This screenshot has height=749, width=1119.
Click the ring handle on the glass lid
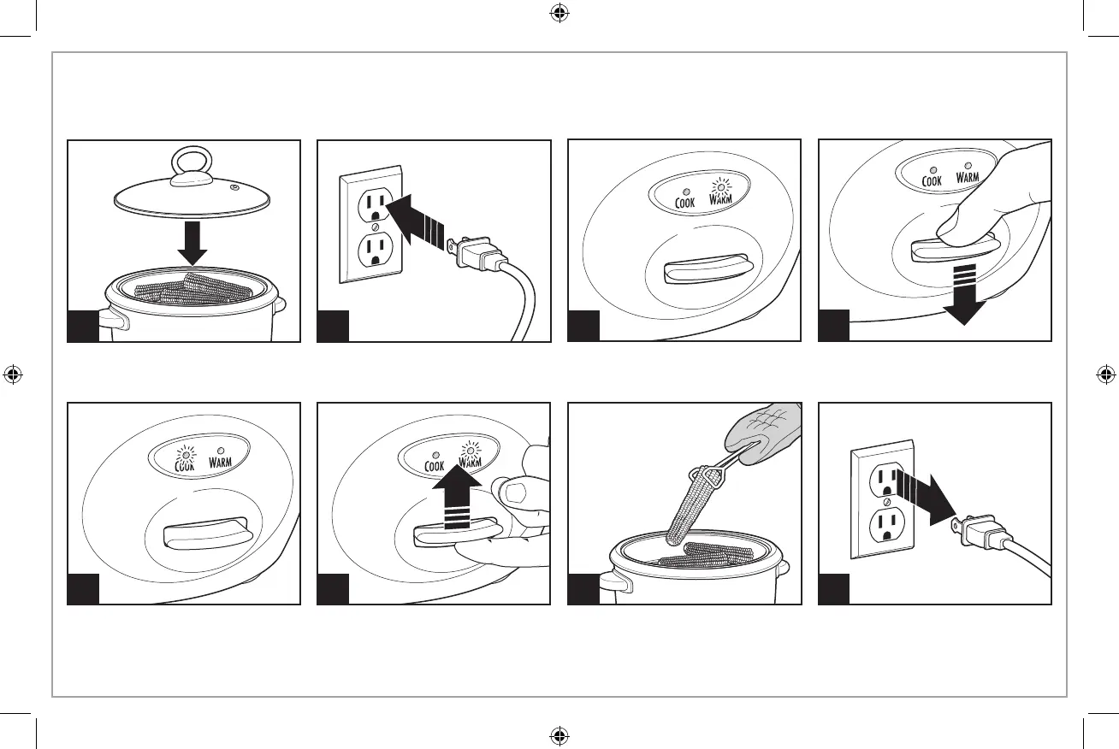(x=192, y=163)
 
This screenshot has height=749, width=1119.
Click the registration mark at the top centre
(x=559, y=13)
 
